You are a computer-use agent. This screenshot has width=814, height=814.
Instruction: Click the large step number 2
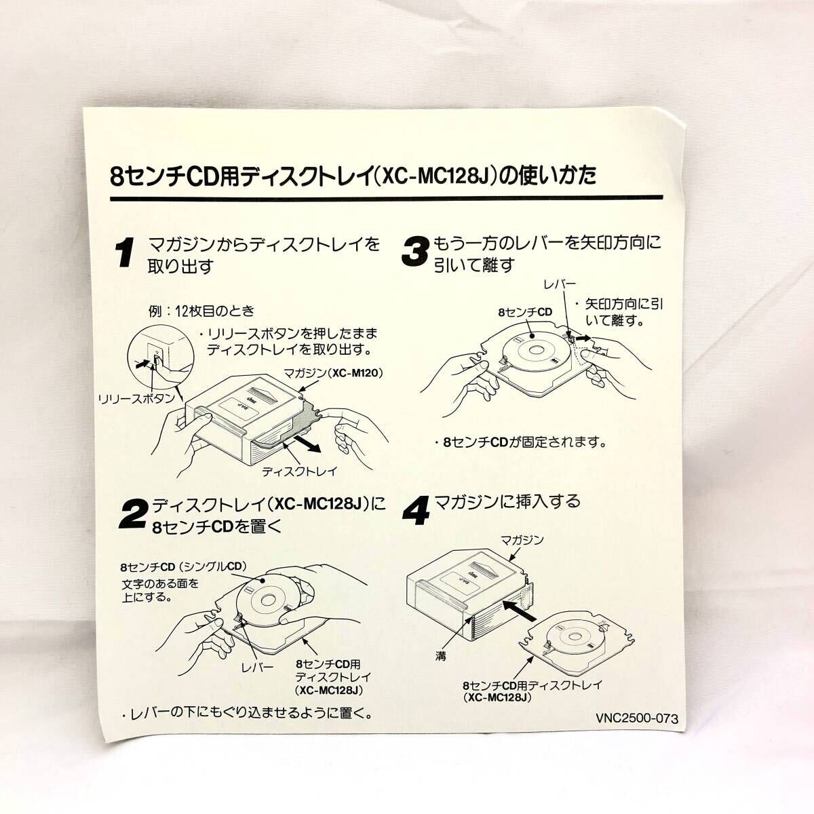(x=134, y=513)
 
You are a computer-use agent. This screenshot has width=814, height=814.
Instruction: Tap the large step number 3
(x=415, y=252)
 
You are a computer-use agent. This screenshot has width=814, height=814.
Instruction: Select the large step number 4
(x=416, y=510)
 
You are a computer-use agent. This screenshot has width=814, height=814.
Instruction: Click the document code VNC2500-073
(x=636, y=718)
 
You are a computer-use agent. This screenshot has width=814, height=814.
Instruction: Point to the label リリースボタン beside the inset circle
(x=136, y=398)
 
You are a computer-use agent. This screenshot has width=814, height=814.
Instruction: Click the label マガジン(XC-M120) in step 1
(x=332, y=373)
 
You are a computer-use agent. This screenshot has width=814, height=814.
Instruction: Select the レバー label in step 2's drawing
(x=257, y=667)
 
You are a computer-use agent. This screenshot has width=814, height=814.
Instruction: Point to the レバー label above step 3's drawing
(x=560, y=284)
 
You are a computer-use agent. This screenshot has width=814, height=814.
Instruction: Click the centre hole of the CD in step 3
(x=536, y=350)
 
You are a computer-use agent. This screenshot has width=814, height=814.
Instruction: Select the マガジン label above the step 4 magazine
(x=522, y=540)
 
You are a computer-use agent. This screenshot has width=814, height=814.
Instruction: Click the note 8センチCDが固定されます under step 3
(x=520, y=442)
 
